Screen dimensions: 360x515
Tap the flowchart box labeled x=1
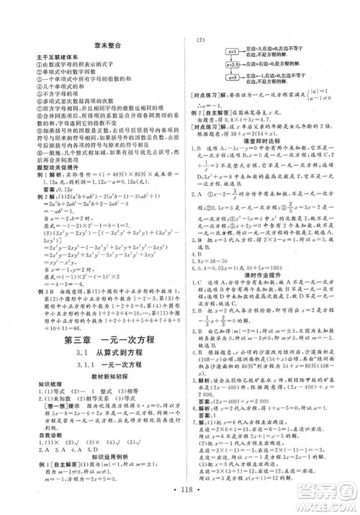click(x=212, y=51)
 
